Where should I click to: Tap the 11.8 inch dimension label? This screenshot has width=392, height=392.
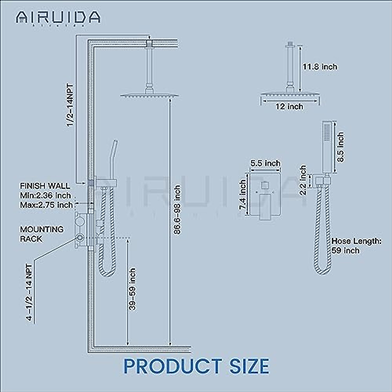[x=320, y=67]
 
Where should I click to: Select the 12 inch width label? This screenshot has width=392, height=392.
[x=289, y=106]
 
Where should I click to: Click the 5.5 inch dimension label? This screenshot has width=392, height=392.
[x=265, y=163]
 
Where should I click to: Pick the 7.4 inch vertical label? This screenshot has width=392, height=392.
[x=242, y=195]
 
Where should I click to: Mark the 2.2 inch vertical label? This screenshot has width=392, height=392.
[x=303, y=180]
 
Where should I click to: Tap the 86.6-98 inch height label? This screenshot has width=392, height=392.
[x=177, y=210]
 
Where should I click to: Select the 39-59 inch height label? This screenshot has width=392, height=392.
[x=132, y=289]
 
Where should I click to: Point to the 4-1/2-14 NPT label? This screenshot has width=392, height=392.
[x=30, y=292]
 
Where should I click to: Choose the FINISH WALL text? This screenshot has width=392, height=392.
[x=45, y=186]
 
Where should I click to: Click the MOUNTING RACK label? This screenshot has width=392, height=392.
[x=42, y=234]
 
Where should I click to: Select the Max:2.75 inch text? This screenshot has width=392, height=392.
[x=46, y=205]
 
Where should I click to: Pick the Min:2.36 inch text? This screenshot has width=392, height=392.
[x=45, y=196]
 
